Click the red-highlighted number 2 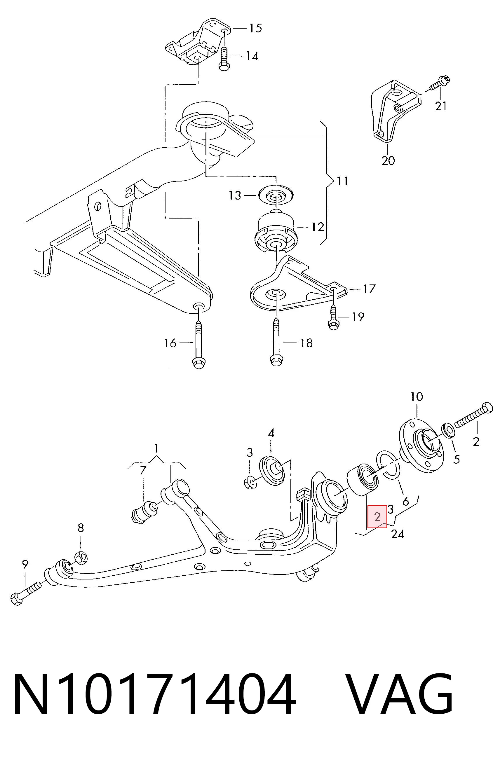pyautogui.click(x=377, y=517)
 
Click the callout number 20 pyautogui.click(x=388, y=160)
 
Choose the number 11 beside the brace pyautogui.click(x=342, y=181)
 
